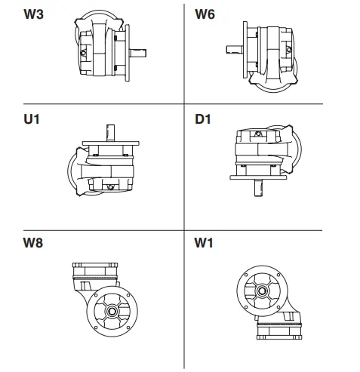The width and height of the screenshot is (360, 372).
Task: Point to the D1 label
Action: click(203, 119)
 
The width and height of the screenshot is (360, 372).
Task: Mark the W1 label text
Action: click(204, 243)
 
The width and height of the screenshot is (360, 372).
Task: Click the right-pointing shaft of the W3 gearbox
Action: click(138, 52)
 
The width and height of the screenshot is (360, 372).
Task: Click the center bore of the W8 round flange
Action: click(111, 312)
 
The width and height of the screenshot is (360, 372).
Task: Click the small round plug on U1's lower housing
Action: click(110, 184)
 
